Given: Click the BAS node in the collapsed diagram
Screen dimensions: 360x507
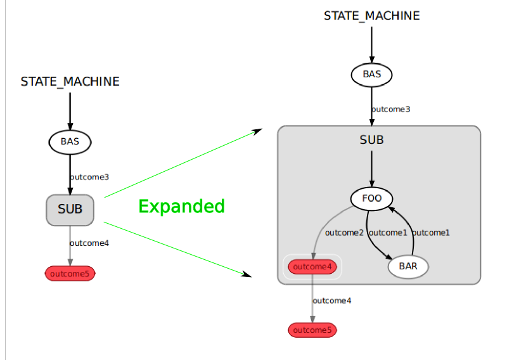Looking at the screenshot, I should [70, 141].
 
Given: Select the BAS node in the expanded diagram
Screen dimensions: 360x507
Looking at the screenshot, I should [372, 74].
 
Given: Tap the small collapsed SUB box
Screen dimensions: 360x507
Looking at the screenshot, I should [70, 209].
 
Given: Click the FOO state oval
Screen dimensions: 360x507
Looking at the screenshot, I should [371, 198].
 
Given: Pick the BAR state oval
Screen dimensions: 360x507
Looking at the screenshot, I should [408, 266].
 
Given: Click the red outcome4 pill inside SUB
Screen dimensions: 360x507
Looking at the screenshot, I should [311, 267].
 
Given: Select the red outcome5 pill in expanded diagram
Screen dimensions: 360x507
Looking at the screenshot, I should [312, 330].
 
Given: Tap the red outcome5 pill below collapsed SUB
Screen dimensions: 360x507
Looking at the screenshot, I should [70, 274].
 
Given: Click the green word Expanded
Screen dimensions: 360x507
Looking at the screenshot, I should [181, 207].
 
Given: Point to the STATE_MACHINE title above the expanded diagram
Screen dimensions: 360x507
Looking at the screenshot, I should [371, 16].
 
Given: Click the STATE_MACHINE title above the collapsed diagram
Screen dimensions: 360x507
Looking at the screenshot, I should [70, 82].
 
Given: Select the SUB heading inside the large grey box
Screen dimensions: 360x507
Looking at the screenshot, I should [371, 139].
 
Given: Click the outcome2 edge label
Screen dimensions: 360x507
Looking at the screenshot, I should [344, 233].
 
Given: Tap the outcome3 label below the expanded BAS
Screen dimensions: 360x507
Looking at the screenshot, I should [391, 109].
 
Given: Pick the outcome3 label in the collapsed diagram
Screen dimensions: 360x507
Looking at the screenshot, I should [89, 177].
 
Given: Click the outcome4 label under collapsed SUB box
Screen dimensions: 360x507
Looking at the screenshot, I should [89, 243].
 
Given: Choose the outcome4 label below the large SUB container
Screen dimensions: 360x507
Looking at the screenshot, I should [332, 300].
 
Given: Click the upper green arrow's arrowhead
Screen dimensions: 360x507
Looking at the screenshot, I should [258, 131].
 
